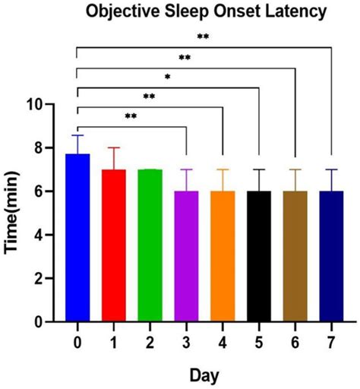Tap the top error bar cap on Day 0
pos(77,135)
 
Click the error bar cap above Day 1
pos(114,147)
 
